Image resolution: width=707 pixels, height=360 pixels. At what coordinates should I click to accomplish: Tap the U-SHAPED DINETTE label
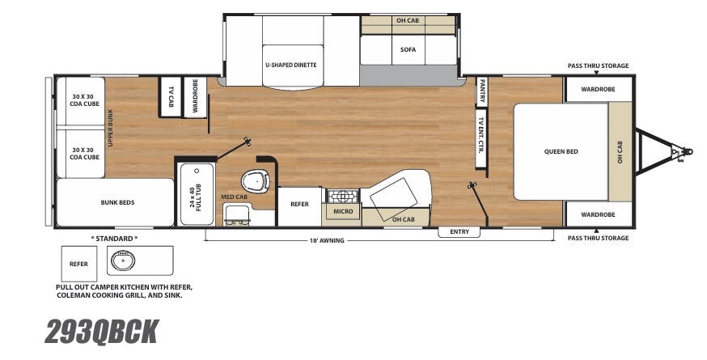pyautogui.click(x=290, y=65)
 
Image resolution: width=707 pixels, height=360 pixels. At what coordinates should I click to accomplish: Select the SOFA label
pyautogui.click(x=408, y=49)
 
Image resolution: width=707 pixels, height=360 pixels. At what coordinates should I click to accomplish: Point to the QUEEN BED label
pyautogui.click(x=561, y=151)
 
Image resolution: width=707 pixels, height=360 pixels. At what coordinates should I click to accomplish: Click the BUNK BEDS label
pyautogui.click(x=117, y=203)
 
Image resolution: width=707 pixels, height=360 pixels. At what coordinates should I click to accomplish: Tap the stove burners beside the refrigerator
pyautogui.click(x=341, y=197)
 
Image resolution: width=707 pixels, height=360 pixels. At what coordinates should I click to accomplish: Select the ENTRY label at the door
pyautogui.click(x=459, y=232)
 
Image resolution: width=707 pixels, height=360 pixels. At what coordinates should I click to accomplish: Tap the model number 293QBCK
pyautogui.click(x=101, y=332)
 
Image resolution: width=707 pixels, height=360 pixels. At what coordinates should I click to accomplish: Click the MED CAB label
pyautogui.click(x=235, y=197)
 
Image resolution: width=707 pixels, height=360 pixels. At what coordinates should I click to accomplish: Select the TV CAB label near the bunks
pyautogui.click(x=171, y=98)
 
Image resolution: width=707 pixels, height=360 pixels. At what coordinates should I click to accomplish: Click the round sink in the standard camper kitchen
pyautogui.click(x=125, y=260)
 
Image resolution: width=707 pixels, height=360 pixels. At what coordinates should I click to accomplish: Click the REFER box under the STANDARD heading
pyautogui.click(x=78, y=263)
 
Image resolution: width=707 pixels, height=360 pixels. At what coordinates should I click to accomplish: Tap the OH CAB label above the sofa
pyautogui.click(x=407, y=20)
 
